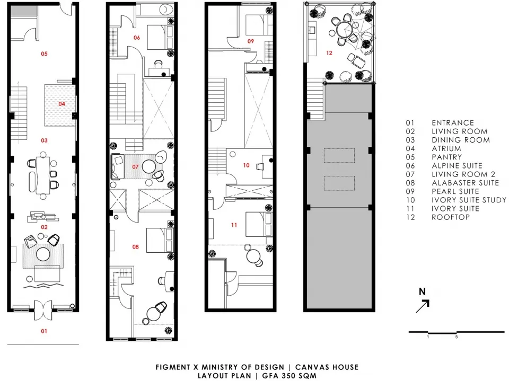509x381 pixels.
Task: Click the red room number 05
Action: [x=44, y=54]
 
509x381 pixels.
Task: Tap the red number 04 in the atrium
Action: [x=62, y=104]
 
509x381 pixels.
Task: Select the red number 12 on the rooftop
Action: [x=329, y=53]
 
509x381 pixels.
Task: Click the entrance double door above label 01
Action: [x=43, y=309]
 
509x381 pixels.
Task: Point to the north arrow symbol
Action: [x=423, y=306]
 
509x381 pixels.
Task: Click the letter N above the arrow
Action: [x=422, y=291]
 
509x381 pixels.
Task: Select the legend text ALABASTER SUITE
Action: [x=465, y=183]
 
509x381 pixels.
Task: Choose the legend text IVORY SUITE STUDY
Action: [x=469, y=200]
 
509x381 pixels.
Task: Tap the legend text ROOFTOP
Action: [x=451, y=217]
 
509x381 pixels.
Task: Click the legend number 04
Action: [x=410, y=148]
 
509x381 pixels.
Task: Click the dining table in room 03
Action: [x=43, y=175]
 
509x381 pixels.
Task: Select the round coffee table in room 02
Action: [x=43, y=254]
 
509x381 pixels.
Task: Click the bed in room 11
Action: [x=259, y=224]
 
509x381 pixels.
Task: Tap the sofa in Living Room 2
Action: [x=116, y=166]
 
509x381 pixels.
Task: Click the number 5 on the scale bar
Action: [x=457, y=337]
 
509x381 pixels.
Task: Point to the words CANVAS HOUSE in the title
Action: [x=327, y=367]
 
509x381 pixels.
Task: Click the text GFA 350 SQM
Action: [x=289, y=376]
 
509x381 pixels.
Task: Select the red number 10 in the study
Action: [x=247, y=165]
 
